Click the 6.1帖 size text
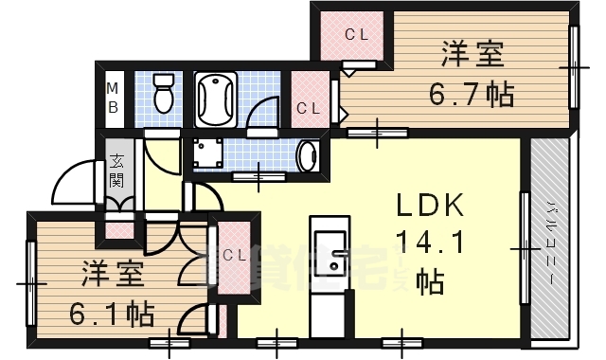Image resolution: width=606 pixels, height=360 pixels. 114,312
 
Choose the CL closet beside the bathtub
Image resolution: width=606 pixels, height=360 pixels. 308,106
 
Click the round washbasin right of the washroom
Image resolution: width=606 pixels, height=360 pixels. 308,155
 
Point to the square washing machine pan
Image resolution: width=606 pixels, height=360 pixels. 207,153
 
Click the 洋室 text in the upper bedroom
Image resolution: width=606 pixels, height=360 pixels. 471,54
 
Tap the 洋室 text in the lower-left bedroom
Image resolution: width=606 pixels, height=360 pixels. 111,275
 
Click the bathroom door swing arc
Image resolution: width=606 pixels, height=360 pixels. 258,116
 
